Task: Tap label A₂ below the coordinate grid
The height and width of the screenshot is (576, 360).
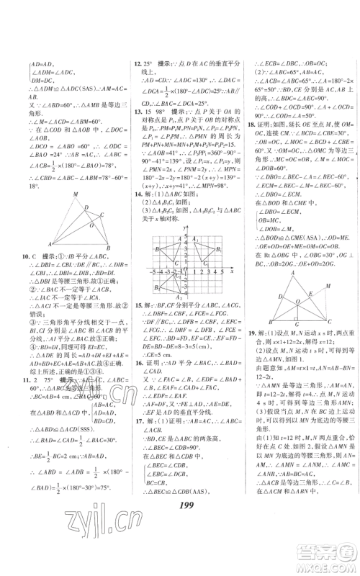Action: [179, 297]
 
